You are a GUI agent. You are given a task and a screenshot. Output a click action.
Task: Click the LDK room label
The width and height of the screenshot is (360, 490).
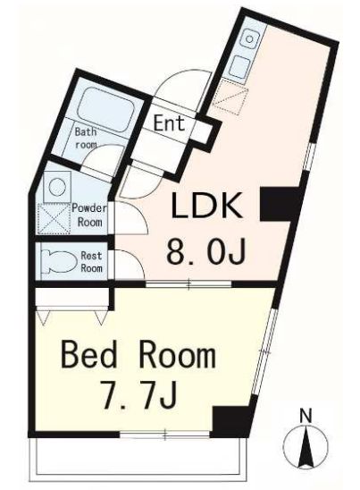(x=207, y=206)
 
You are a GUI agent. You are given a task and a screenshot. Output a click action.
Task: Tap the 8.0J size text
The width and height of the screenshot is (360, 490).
(x=206, y=250)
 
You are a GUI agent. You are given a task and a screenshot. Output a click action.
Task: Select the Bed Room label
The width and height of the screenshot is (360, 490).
(x=139, y=355)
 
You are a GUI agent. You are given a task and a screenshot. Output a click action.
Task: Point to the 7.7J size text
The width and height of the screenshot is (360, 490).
(x=138, y=397)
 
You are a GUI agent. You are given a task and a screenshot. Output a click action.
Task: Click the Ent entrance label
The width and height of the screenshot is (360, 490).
(x=169, y=123)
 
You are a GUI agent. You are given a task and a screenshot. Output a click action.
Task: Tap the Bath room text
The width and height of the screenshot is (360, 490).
(x=86, y=138)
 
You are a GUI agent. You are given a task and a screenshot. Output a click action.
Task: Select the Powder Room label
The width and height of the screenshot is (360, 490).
(x=89, y=215)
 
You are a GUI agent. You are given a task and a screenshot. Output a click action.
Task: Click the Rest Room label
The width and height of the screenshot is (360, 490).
(x=91, y=262)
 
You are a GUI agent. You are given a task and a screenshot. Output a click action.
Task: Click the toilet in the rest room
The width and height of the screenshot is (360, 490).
(x=59, y=261)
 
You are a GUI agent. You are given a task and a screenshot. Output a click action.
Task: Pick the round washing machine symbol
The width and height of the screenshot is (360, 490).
(x=58, y=187)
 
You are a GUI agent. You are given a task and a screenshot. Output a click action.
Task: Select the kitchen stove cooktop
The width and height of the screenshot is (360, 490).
(x=240, y=67)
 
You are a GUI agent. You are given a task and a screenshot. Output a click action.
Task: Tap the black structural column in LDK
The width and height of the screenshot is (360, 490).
(x=280, y=204)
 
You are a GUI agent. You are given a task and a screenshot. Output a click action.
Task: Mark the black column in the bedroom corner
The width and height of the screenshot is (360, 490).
(x=232, y=421)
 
